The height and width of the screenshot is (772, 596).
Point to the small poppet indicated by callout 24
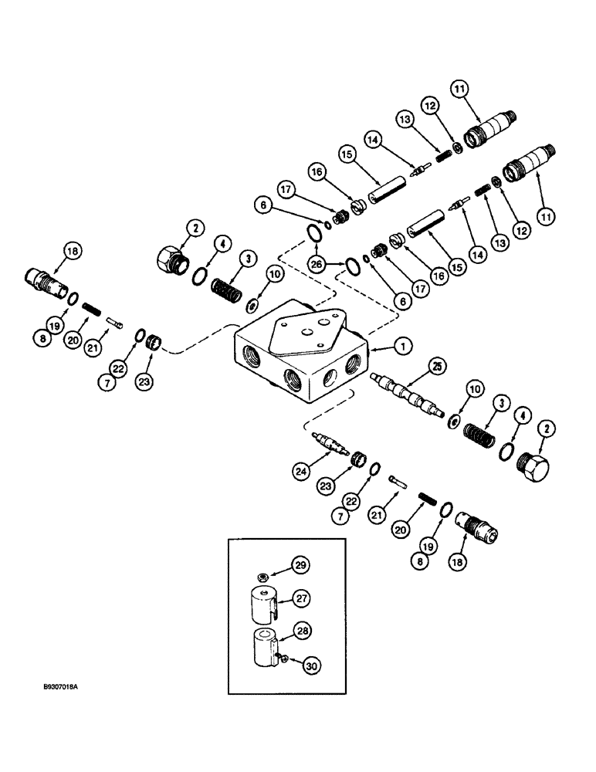[x=331, y=445]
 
